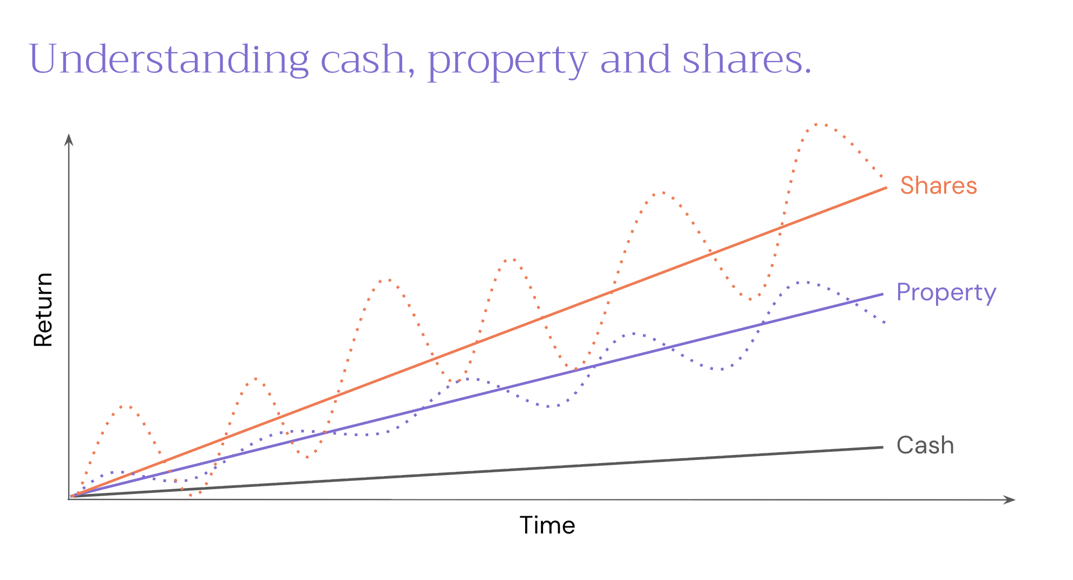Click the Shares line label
(x=938, y=186)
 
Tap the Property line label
(x=946, y=293)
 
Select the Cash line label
(x=925, y=445)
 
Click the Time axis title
(x=547, y=525)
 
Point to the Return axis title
(x=43, y=309)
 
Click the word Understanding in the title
(x=168, y=60)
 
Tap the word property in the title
(x=507, y=61)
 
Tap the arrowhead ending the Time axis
(x=1010, y=499)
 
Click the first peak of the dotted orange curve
(x=126, y=405)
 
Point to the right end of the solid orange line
(x=886, y=188)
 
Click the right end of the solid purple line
(x=882, y=294)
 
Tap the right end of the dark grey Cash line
(x=882, y=447)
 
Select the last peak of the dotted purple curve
(x=805, y=282)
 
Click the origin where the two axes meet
(x=69, y=499)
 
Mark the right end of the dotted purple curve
(x=885, y=323)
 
